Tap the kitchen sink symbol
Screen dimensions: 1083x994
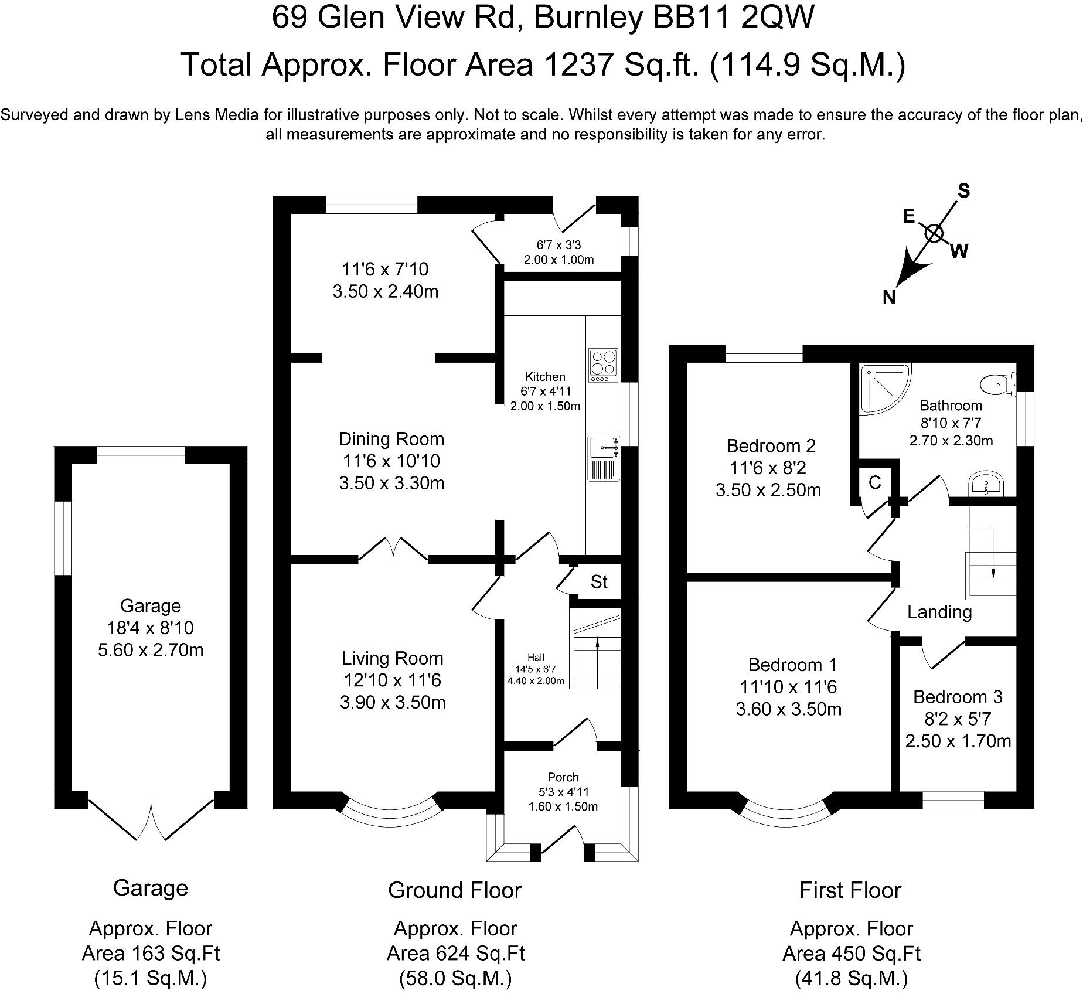tap(603, 448)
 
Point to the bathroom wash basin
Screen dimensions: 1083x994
tap(987, 484)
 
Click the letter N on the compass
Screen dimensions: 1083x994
tap(889, 298)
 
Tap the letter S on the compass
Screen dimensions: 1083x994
tap(963, 191)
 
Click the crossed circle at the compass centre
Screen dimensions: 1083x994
tap(934, 233)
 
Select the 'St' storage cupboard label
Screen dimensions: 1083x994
tap(599, 582)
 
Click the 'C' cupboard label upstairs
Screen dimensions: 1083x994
tap(875, 482)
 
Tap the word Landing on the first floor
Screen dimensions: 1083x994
tap(939, 612)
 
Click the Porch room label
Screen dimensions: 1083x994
tap(563, 777)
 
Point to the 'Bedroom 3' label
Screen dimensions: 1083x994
tap(958, 697)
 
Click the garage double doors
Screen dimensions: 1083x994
tap(151, 821)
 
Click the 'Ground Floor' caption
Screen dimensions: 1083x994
tap(455, 890)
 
